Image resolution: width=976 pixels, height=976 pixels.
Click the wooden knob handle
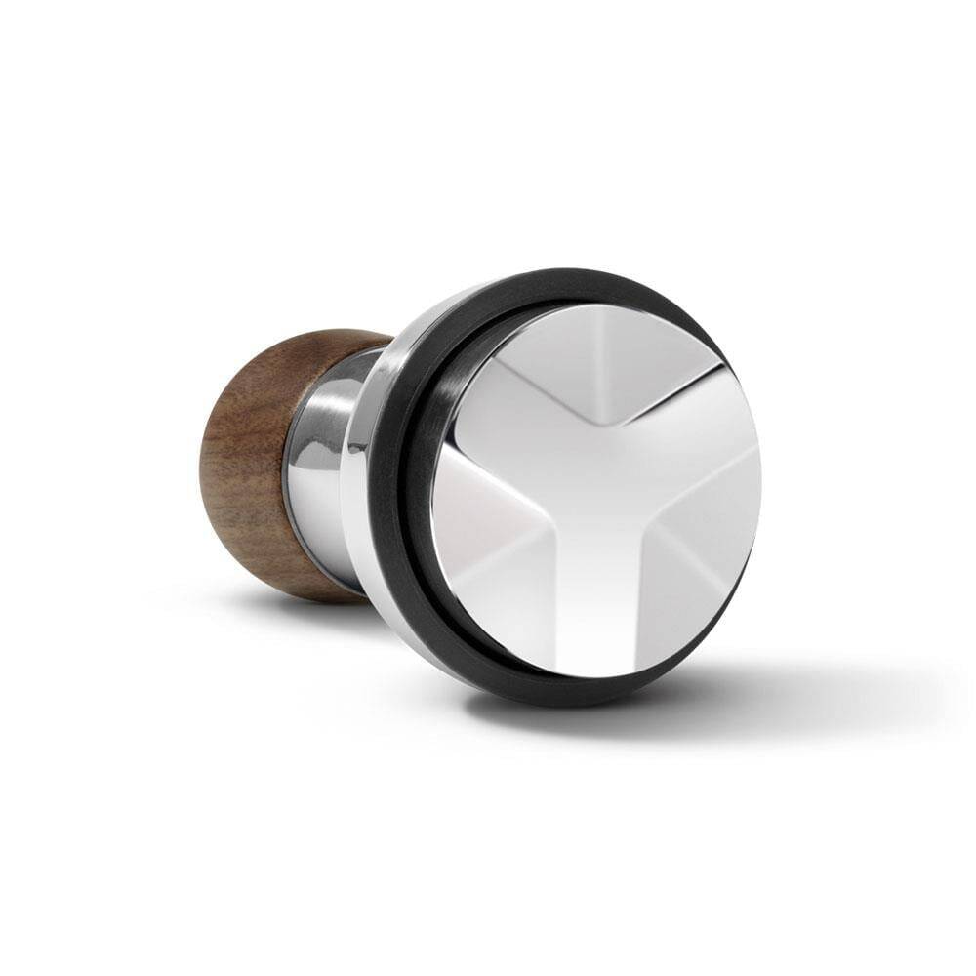coord(259,459)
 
